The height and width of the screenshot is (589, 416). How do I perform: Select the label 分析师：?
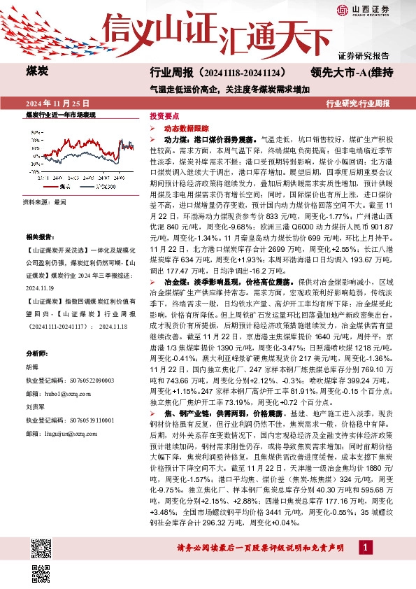pyautogui.click(x=36, y=354)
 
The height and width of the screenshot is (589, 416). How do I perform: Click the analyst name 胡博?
pyautogui.click(x=32, y=367)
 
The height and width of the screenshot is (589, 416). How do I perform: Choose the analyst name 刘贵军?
pyautogui.click(x=36, y=406)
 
